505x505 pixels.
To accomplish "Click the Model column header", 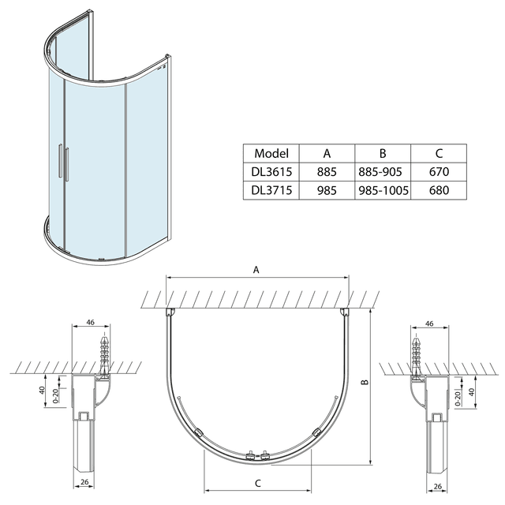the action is click(271, 153).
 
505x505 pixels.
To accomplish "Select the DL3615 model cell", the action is click(271, 172).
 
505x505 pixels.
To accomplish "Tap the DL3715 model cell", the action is click(271, 190).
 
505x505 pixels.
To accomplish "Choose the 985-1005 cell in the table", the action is click(383, 190).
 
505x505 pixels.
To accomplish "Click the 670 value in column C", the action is click(439, 172).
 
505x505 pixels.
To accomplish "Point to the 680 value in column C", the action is click(439, 190).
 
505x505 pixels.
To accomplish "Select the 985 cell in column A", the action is click(327, 190).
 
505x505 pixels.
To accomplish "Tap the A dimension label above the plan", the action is click(256, 270).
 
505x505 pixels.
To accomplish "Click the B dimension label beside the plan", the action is click(365, 382).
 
